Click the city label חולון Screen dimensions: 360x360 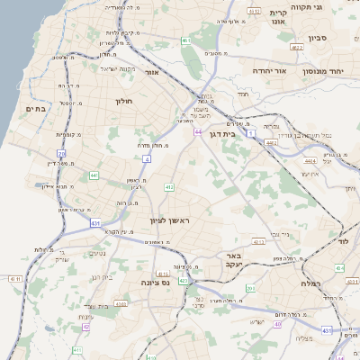(123, 102)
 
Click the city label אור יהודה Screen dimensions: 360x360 (269, 70)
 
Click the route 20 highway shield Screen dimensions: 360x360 (61, 154)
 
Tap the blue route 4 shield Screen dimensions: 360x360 (146, 159)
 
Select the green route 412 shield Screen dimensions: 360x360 (168, 187)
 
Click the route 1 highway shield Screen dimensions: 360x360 (251, 133)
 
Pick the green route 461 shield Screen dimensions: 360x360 (185, 40)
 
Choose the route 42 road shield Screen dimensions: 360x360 (86, 326)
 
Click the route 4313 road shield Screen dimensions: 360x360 (259, 241)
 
